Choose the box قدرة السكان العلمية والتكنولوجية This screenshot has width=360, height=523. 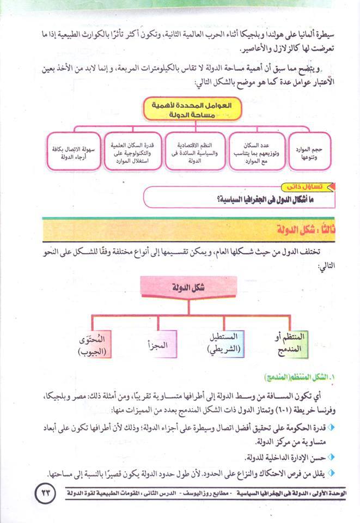tap(128, 150)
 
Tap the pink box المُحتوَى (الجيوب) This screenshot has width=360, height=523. tap(92, 344)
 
